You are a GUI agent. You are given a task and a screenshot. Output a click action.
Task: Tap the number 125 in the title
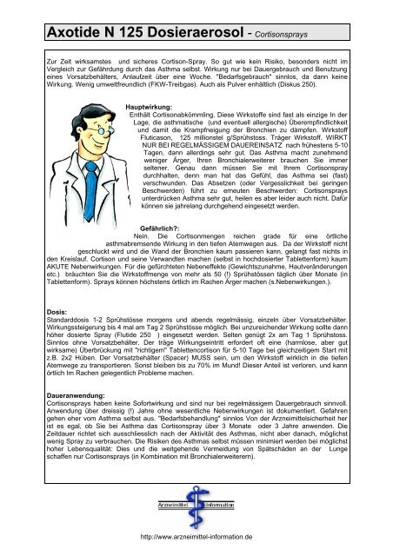[x=127, y=35]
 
